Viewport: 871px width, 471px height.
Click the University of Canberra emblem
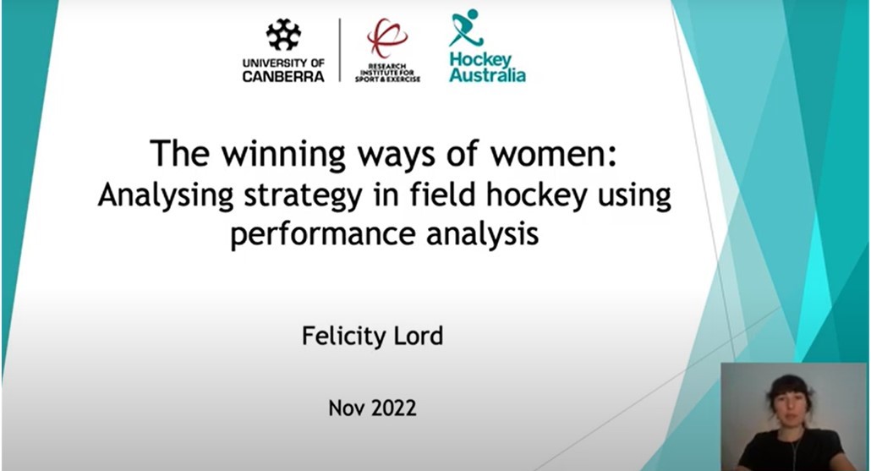[x=282, y=35]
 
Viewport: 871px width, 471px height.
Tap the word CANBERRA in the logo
[x=283, y=76]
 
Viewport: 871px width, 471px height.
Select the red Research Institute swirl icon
[x=386, y=38]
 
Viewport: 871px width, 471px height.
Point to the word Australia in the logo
[x=487, y=75]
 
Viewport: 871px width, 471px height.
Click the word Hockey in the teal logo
[x=480, y=60]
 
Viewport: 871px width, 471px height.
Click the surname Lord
[x=414, y=336]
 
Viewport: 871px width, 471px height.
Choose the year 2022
[x=393, y=408]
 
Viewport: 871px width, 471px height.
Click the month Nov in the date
[x=346, y=408]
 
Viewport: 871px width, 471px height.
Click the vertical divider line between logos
[x=340, y=50]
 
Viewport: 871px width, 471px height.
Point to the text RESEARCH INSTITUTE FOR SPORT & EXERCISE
[x=387, y=74]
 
